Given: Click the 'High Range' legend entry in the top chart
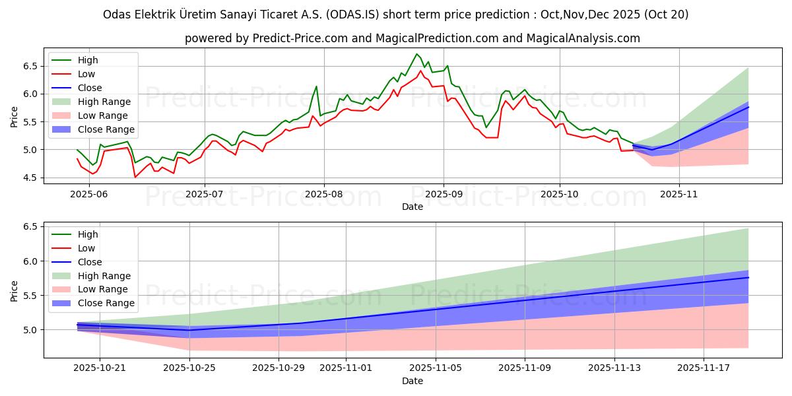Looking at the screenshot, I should (104, 102).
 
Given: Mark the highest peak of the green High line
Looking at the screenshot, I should (416, 54).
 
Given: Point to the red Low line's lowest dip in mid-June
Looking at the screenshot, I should (135, 177).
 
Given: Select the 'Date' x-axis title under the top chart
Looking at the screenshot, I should (412, 207).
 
